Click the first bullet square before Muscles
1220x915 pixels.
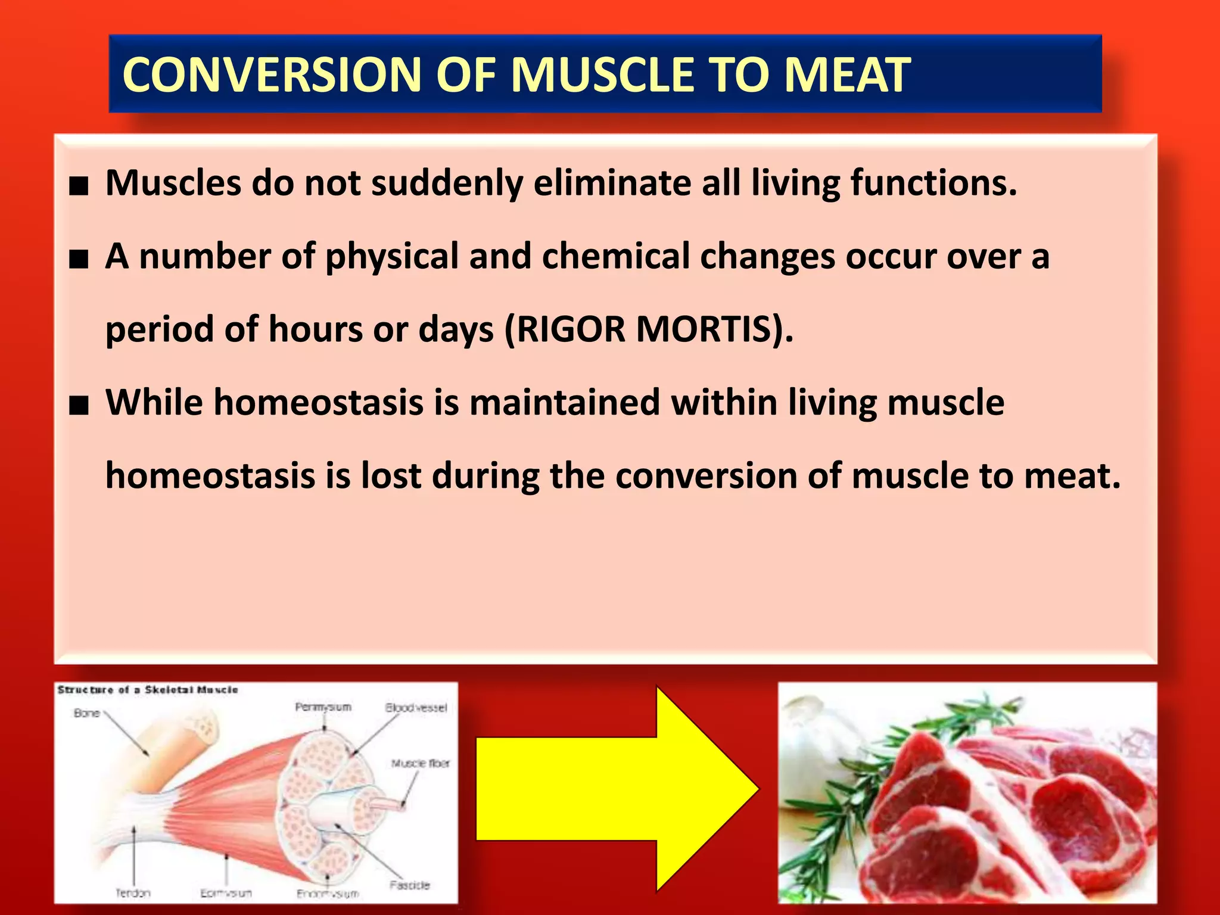(79, 186)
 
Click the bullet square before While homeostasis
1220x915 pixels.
(79, 406)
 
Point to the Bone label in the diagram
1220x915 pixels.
(86, 713)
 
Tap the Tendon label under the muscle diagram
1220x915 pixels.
(133, 893)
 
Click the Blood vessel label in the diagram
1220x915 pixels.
(416, 708)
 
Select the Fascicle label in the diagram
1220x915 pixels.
(410, 885)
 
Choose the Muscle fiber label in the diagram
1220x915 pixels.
(420, 763)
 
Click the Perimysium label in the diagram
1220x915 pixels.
(323, 707)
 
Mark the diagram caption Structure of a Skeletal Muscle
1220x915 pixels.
(148, 690)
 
